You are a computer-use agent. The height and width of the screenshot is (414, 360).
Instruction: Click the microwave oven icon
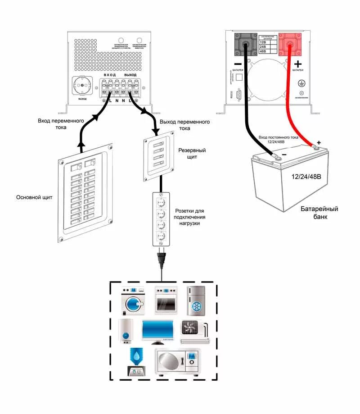[x=176, y=361]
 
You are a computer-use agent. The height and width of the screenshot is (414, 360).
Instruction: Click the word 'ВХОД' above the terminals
[x=110, y=75]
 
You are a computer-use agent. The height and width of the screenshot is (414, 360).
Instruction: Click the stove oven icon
[x=165, y=300]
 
